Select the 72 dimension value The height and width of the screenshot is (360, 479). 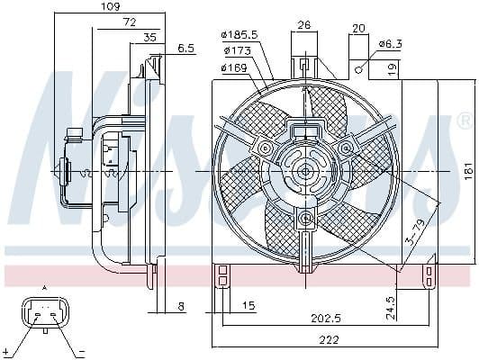click(x=130, y=21)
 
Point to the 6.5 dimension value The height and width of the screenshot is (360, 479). click(x=186, y=49)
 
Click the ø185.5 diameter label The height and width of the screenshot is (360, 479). click(x=238, y=35)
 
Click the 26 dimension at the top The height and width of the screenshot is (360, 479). click(x=304, y=25)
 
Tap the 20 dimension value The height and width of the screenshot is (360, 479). click(x=359, y=29)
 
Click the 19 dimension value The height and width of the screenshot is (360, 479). click(x=393, y=67)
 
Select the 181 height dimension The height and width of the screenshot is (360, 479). click(x=465, y=168)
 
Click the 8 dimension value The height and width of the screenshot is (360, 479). click(x=181, y=307)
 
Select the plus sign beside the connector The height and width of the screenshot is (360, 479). click(x=7, y=348)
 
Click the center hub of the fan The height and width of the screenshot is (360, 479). click(x=304, y=169)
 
